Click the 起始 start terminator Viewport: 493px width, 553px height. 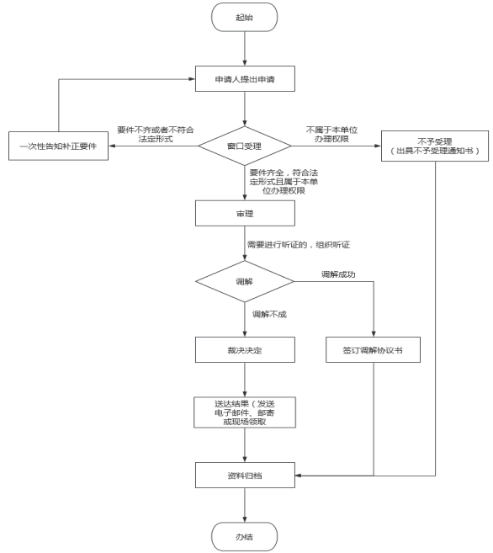(x=244, y=18)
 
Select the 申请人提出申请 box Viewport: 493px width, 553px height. (x=245, y=78)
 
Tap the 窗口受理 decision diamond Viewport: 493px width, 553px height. (x=245, y=146)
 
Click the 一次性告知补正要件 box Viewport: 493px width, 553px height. (x=59, y=146)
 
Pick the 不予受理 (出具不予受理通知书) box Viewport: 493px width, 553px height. (x=435, y=146)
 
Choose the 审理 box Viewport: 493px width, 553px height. (x=245, y=213)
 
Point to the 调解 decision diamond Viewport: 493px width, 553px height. (x=245, y=281)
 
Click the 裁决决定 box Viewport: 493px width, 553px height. (x=245, y=350)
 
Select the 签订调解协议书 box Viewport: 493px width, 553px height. (x=373, y=350)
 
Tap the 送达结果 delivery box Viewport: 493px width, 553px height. (x=245, y=412)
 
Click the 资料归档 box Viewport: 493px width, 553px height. (x=245, y=476)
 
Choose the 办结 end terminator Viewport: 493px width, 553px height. (x=244, y=537)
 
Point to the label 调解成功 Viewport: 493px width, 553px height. (x=338, y=274)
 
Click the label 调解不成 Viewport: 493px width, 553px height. (x=269, y=314)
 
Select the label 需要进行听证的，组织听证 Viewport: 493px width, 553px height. (x=299, y=245)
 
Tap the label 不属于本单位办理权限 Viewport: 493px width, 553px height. (x=331, y=135)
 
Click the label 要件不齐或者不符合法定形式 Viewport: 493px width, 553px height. (x=156, y=135)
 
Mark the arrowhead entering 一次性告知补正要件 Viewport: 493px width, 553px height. (x=111, y=146)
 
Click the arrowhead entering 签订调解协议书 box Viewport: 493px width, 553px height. (x=374, y=334)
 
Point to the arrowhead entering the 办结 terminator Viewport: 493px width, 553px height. (x=245, y=519)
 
